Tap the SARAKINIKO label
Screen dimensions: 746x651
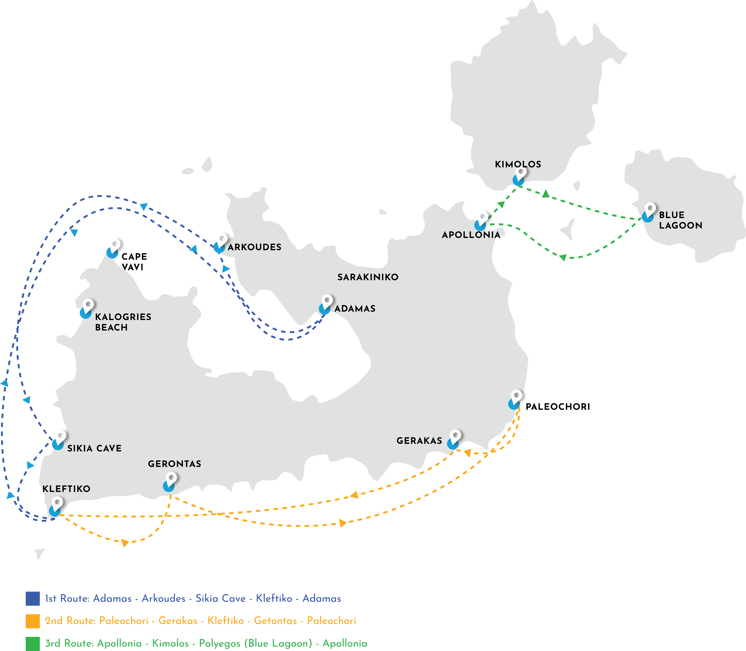(368, 277)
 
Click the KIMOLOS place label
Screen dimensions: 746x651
(518, 164)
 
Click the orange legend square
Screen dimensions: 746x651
(33, 621)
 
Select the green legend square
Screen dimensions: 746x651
(33, 643)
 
